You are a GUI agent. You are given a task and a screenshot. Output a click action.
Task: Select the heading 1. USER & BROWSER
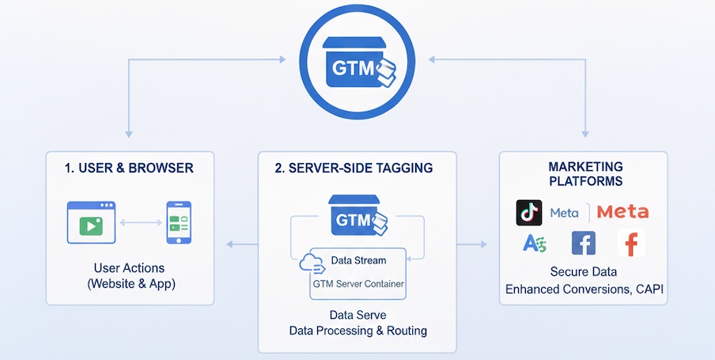coord(130,169)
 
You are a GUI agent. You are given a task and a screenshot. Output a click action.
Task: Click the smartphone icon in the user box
coord(178,222)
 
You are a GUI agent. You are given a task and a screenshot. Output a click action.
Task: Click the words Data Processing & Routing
coord(357,332)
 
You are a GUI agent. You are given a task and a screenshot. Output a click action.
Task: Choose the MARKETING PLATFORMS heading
coord(585,174)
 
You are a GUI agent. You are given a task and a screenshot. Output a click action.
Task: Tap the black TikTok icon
coord(529,212)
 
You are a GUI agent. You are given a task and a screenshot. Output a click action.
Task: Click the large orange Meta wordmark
coord(622,212)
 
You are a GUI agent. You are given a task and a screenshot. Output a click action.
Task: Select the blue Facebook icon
coord(583,244)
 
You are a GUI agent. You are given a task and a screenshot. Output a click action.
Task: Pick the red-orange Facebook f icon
coord(631,244)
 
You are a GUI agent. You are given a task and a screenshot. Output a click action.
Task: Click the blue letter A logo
coord(535,244)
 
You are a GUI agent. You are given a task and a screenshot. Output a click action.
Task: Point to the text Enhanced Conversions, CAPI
coord(585,290)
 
